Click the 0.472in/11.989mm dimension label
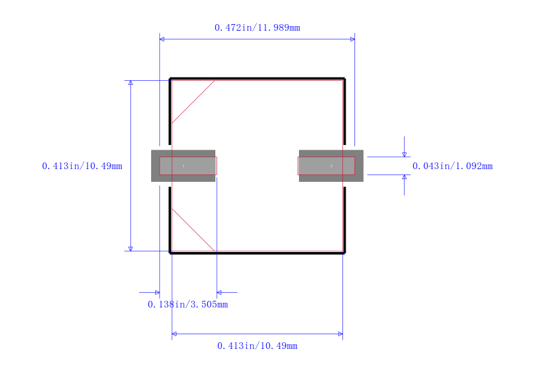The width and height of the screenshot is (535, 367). point(257,27)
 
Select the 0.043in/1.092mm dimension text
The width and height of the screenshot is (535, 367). point(453,166)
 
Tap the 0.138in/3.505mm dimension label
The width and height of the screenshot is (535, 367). point(188,304)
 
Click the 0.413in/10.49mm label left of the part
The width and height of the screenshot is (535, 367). point(82,166)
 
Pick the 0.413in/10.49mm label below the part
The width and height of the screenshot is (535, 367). point(257,346)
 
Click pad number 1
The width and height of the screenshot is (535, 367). point(183,166)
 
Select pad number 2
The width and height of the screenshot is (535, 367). point(331,166)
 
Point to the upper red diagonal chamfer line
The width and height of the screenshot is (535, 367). point(193,102)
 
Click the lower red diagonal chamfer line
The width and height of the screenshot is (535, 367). point(193,229)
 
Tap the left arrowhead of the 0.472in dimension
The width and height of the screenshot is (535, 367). point(162,39)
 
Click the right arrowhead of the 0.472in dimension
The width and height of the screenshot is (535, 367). point(352,39)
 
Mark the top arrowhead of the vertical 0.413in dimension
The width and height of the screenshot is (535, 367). point(130,83)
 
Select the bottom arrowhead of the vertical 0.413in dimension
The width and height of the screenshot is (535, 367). point(130,249)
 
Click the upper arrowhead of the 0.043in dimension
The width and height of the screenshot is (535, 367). point(405,154)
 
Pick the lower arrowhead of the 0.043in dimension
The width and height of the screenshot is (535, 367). point(405,177)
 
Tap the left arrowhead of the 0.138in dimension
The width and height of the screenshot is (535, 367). point(157,292)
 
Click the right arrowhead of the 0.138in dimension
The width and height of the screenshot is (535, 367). point(219,292)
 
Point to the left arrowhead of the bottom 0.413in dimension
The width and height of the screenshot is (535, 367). point(174,334)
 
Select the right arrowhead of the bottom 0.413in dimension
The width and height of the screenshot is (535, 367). point(340,334)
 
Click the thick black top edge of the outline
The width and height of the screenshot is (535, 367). point(257,78)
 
